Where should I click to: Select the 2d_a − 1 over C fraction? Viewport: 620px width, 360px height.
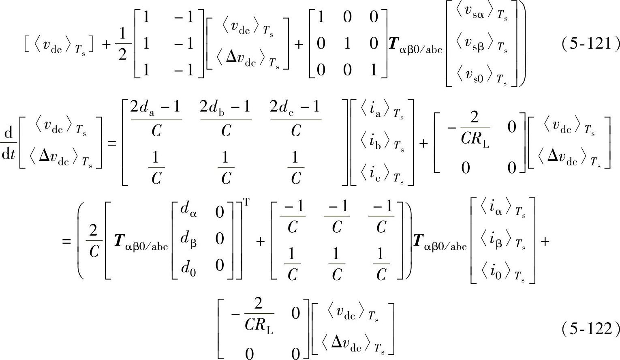click(156, 119)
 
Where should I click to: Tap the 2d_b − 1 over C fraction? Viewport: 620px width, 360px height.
click(226, 119)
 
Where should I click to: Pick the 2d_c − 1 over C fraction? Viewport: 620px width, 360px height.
click(295, 119)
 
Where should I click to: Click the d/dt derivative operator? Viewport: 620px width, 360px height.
click(8, 143)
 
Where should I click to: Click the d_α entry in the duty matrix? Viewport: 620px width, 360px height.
click(188, 211)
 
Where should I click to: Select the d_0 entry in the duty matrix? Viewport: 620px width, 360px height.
click(188, 266)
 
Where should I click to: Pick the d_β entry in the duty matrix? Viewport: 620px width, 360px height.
click(188, 239)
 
